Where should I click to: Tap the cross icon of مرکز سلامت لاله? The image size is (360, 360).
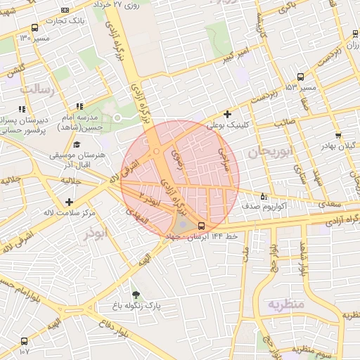(x=69, y=202)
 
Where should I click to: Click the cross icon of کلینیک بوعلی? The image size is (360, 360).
(x=226, y=114)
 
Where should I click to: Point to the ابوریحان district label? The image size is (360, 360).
(x=268, y=153)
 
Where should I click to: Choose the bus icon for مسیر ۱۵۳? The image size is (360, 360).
(x=300, y=77)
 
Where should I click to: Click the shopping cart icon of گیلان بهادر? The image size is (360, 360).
(x=338, y=135)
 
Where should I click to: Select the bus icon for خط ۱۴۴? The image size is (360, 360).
(x=202, y=226)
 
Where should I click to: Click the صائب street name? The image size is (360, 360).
(x=284, y=122)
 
